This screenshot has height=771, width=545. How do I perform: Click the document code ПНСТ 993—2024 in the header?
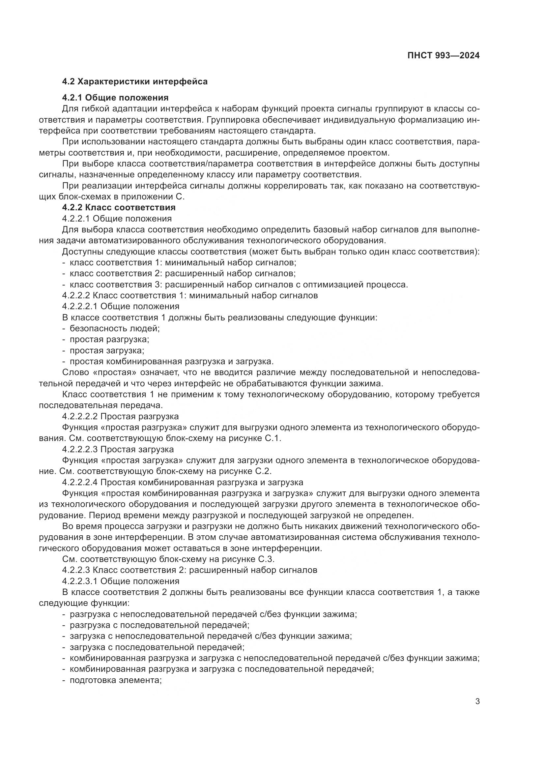[x=443, y=56]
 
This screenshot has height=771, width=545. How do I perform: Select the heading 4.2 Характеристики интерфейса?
[x=135, y=81]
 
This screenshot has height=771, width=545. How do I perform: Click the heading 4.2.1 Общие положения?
[x=115, y=98]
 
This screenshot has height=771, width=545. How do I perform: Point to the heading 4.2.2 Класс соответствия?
[x=119, y=207]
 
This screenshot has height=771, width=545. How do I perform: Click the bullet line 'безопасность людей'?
[x=114, y=328]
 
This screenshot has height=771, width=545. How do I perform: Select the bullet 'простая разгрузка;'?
[x=109, y=339]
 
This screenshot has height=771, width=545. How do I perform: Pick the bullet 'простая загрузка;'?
[x=107, y=350]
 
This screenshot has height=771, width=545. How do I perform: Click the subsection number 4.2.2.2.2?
[x=80, y=416]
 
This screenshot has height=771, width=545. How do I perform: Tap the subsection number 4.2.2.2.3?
[x=80, y=449]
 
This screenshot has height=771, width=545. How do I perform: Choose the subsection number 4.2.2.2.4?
[x=80, y=483]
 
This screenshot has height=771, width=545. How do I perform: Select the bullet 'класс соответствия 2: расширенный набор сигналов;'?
[x=183, y=273]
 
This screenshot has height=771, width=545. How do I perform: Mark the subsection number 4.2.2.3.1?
[x=80, y=581]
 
